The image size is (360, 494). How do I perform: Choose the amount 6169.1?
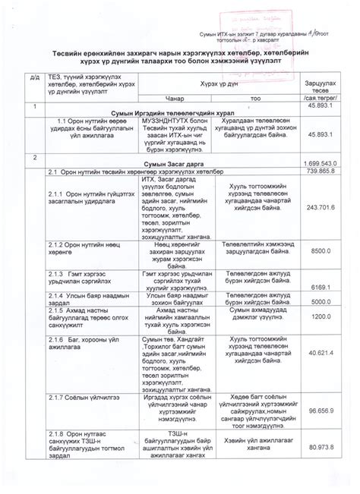[x=322, y=287]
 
